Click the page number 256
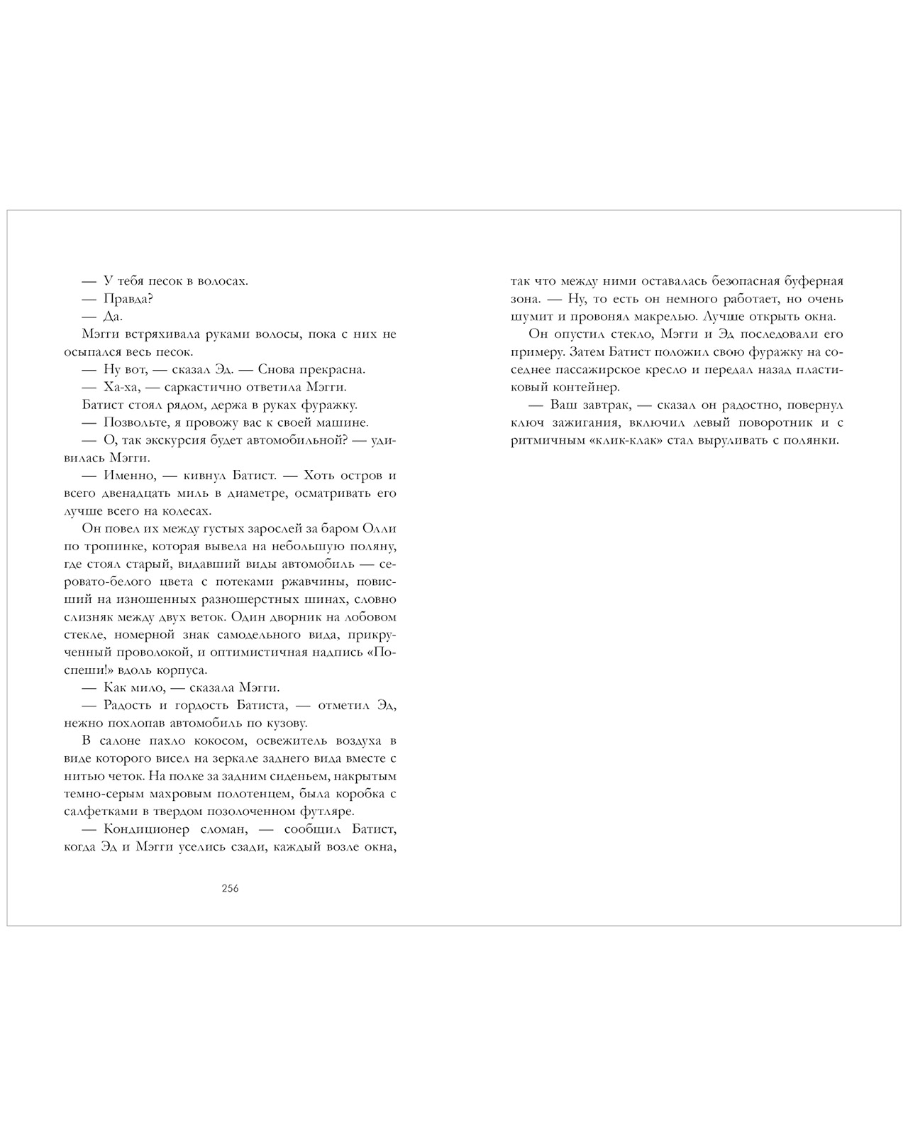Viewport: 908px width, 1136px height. point(230,888)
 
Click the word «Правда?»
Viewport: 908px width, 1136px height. point(129,299)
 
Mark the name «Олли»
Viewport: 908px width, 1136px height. point(379,529)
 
